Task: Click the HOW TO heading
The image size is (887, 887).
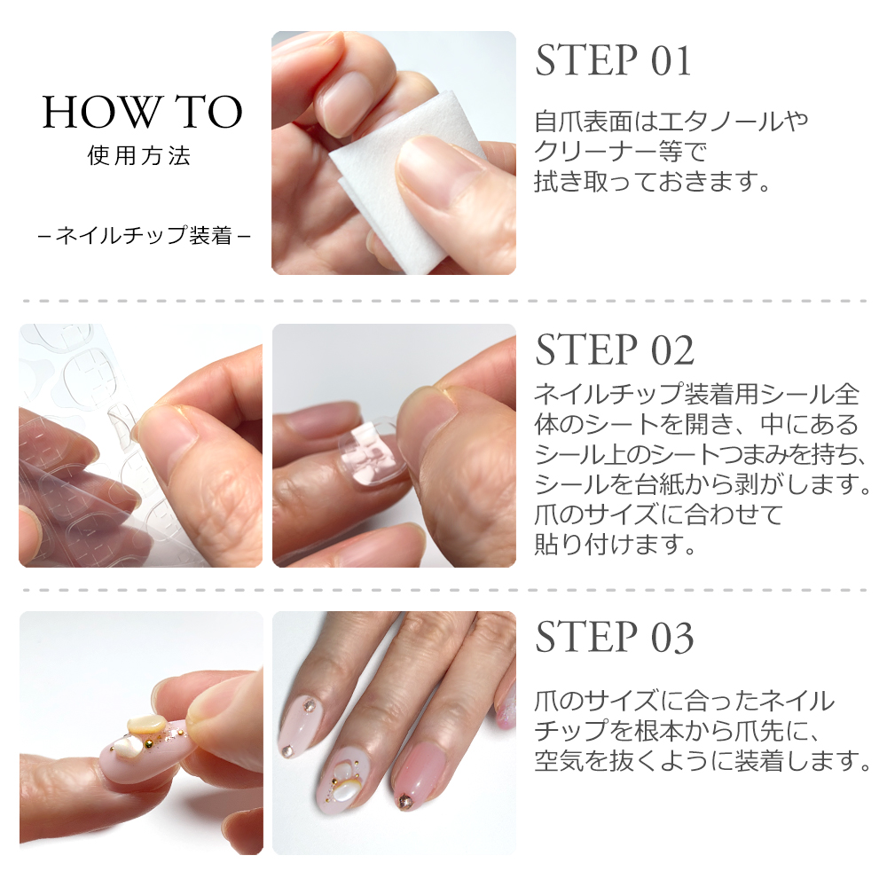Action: (142, 113)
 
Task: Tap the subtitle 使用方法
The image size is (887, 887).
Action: (140, 157)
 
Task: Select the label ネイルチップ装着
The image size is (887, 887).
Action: (145, 236)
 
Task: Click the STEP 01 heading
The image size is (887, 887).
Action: (613, 60)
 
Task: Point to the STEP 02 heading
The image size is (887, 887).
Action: (614, 350)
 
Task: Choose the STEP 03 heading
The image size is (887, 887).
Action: (614, 637)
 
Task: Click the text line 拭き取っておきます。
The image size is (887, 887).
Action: (650, 182)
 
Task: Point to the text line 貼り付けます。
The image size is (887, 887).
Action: (615, 544)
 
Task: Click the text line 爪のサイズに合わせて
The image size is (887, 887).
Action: (659, 514)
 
